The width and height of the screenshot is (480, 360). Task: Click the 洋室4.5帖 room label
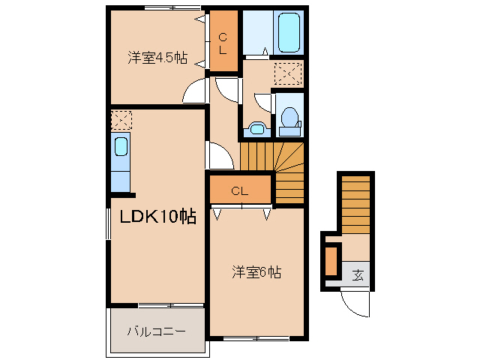(x=157, y=58)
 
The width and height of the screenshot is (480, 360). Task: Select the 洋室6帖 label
(x=256, y=273)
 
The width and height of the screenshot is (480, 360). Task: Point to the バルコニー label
(x=155, y=331)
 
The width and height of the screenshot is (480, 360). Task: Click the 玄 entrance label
(x=358, y=274)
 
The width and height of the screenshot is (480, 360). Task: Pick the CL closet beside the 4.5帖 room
(x=223, y=35)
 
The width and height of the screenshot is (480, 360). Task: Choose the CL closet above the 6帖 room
(x=239, y=190)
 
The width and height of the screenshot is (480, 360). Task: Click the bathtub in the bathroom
(x=289, y=31)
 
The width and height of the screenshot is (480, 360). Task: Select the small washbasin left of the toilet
(x=256, y=129)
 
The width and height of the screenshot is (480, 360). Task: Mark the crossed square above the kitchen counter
(x=121, y=119)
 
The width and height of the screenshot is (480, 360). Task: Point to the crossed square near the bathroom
(x=287, y=73)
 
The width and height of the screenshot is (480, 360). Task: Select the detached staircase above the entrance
(x=355, y=202)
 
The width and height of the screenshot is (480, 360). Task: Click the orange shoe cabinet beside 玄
(x=331, y=261)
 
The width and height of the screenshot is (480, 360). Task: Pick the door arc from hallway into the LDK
(x=220, y=156)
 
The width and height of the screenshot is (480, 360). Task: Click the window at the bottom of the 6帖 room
(x=256, y=339)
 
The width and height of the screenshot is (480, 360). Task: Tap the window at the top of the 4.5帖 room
(x=158, y=8)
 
